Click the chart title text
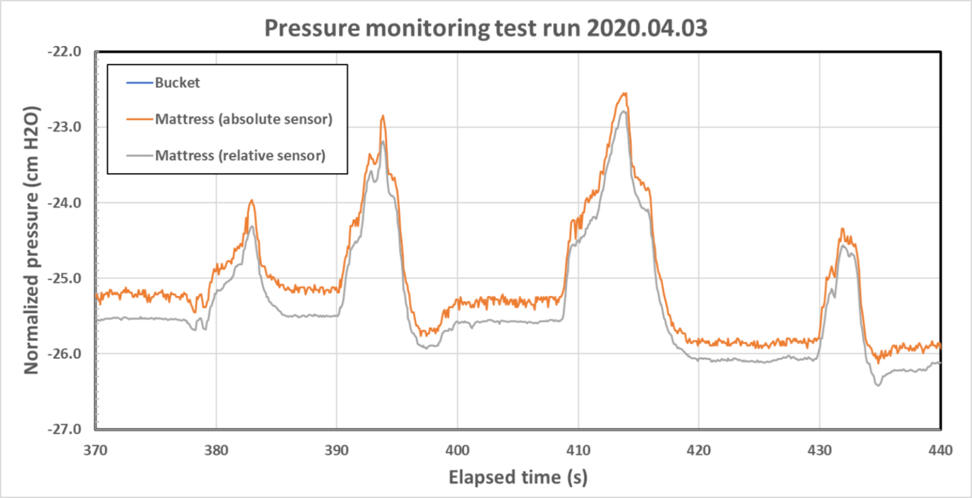click(x=486, y=27)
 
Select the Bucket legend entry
click(x=177, y=84)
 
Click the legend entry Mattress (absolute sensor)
click(x=243, y=119)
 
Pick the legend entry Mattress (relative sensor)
click(x=240, y=155)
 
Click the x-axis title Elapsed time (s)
click(x=518, y=476)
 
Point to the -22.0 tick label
click(x=68, y=51)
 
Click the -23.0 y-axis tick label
click(x=68, y=127)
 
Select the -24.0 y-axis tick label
click(x=68, y=203)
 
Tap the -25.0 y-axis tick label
click(x=68, y=279)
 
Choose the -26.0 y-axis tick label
click(x=68, y=354)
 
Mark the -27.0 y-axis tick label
click(x=68, y=429)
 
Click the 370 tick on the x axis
click(x=95, y=447)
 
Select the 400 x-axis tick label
click(x=458, y=447)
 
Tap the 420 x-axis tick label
click(x=699, y=447)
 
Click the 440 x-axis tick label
click(x=940, y=447)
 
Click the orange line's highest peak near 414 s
click(x=625, y=94)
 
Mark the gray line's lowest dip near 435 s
click(x=877, y=385)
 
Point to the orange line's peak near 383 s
click(x=252, y=200)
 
